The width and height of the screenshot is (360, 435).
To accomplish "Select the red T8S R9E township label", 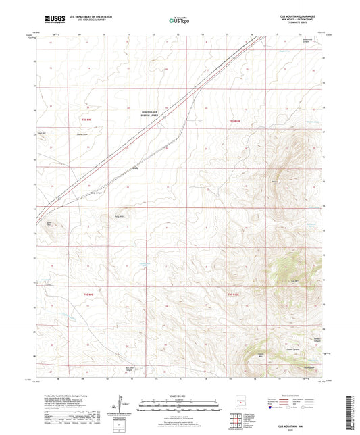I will [x=86, y=120].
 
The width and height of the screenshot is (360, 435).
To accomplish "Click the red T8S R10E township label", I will [x=234, y=120].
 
